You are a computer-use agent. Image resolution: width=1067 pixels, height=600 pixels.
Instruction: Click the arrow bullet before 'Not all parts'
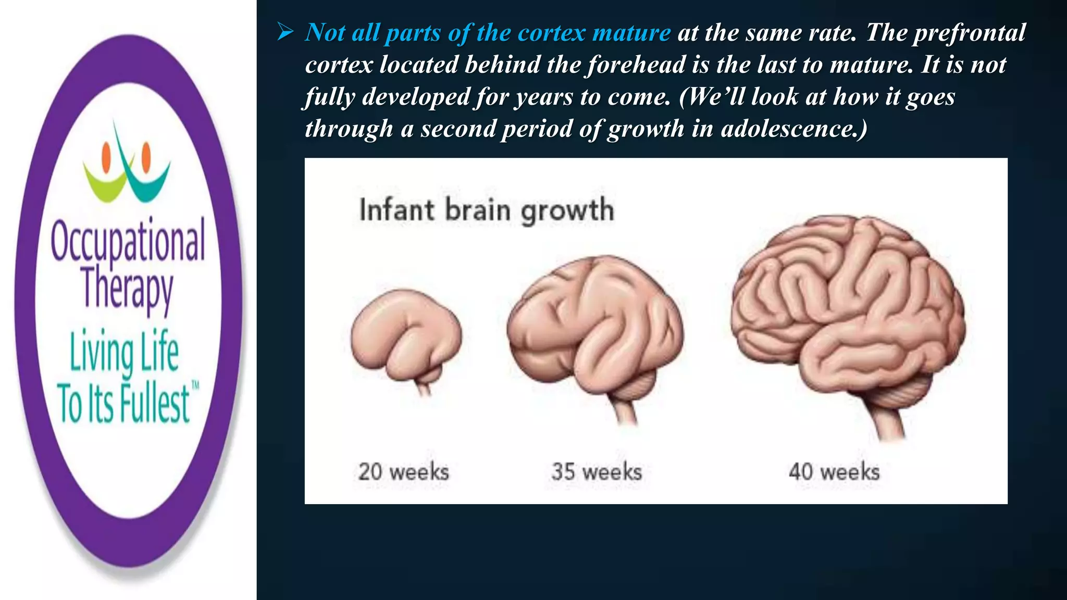(286, 33)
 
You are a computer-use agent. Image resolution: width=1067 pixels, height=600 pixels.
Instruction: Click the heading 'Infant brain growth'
(487, 210)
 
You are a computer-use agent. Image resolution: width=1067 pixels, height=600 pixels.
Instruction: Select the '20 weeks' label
(403, 472)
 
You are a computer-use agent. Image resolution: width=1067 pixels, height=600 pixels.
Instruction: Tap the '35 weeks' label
(597, 472)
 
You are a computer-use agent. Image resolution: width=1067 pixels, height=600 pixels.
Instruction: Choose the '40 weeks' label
(834, 472)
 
